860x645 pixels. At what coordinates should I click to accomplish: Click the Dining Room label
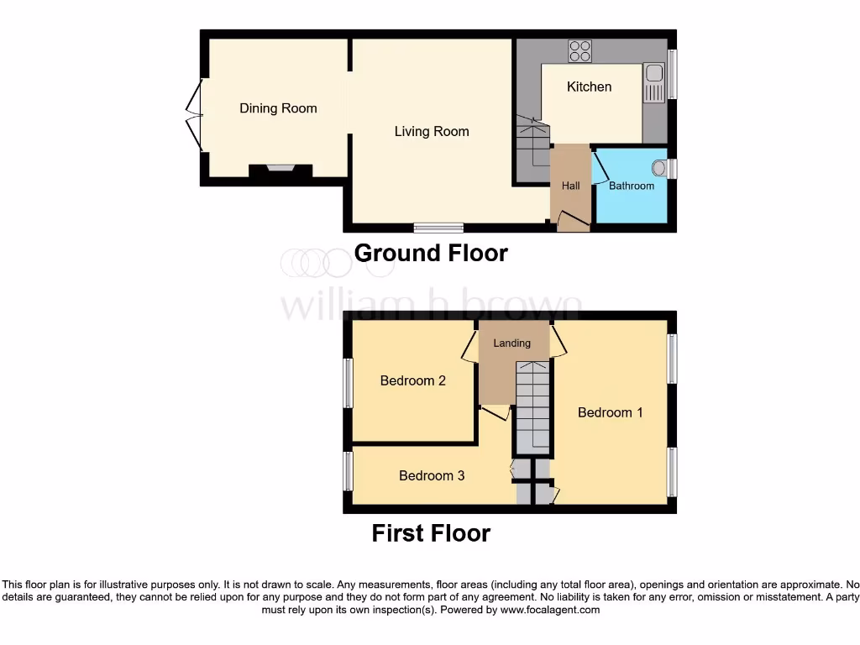[x=278, y=108]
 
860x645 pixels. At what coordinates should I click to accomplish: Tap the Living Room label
[x=432, y=132]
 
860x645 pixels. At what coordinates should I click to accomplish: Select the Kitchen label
[x=589, y=87]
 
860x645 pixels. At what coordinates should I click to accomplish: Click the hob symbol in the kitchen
[x=579, y=50]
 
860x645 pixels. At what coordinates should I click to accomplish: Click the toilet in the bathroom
[x=659, y=169]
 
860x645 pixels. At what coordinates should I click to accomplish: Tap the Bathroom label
[x=631, y=186]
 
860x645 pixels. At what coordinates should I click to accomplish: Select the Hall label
[x=571, y=186]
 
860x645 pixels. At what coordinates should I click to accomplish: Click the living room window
[x=438, y=228]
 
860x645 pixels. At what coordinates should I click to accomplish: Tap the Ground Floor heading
[x=431, y=253]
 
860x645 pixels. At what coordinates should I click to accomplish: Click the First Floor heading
[x=431, y=532]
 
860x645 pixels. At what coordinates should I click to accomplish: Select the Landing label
[x=511, y=343]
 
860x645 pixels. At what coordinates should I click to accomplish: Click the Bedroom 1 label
[x=610, y=412]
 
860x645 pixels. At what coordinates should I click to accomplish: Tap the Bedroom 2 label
[x=412, y=380]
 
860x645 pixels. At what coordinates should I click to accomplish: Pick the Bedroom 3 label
[x=432, y=476]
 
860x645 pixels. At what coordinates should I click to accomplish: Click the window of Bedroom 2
[x=348, y=384]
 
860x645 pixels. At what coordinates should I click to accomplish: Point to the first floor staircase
[x=532, y=406]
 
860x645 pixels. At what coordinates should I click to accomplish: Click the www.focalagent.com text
[x=549, y=610]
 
